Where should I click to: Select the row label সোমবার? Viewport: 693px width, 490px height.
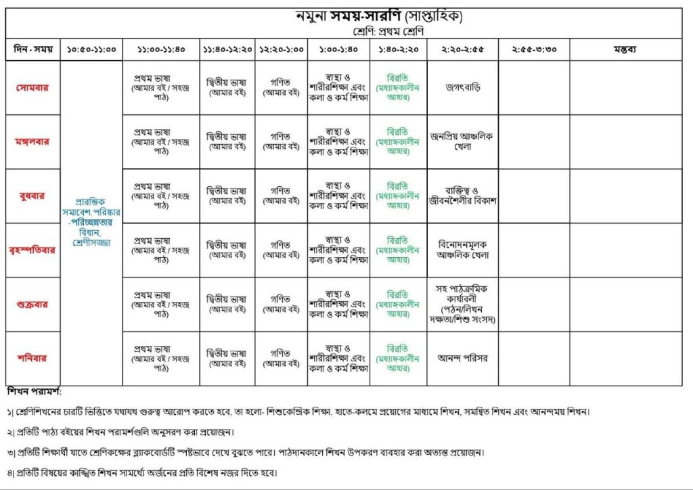(x=32, y=87)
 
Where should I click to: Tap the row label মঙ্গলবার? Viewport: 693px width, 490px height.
(x=32, y=141)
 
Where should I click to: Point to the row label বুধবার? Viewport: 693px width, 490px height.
(x=32, y=196)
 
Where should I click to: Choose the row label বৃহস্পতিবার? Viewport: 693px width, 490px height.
(x=32, y=250)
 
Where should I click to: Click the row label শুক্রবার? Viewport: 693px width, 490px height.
(x=32, y=304)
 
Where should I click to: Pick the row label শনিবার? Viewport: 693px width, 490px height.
(x=32, y=358)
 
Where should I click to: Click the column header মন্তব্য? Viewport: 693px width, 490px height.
(x=625, y=49)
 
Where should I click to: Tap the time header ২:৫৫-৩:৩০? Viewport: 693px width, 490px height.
(x=533, y=49)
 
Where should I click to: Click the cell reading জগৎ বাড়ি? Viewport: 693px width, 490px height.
(x=463, y=87)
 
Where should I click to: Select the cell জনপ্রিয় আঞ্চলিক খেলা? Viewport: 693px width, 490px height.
(x=463, y=141)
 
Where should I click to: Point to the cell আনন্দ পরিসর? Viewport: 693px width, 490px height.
(x=463, y=358)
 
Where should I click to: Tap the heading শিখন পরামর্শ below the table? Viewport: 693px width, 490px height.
(x=34, y=392)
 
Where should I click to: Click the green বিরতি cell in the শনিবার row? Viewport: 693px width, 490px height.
(x=398, y=358)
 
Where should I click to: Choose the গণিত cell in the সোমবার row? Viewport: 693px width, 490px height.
(x=281, y=87)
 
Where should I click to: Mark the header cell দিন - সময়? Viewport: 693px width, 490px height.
(x=32, y=49)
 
